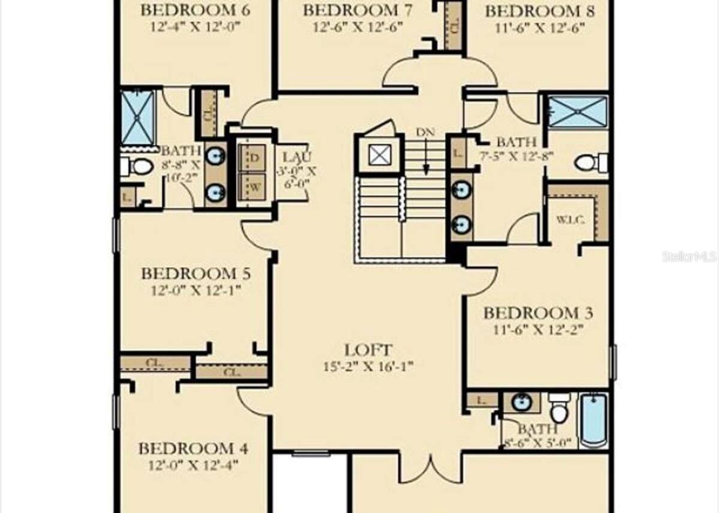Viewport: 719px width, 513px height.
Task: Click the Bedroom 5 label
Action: click(195, 274)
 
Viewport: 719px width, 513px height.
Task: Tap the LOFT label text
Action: click(368, 350)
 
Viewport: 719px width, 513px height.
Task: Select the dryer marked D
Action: click(254, 158)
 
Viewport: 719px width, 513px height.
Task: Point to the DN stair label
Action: click(425, 132)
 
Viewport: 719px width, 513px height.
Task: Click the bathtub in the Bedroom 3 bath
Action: click(593, 420)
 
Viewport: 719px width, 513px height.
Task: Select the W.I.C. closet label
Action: click(570, 219)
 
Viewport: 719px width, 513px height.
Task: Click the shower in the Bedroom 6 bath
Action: click(138, 117)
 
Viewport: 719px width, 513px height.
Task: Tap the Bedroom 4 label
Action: click(194, 448)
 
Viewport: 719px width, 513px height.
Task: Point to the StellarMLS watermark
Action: click(689, 257)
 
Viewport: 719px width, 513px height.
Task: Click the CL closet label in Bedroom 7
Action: click(454, 27)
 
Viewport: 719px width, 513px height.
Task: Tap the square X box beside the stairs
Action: click(379, 156)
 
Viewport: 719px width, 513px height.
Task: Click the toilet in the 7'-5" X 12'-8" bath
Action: click(586, 162)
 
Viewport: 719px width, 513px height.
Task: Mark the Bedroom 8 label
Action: click(540, 11)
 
